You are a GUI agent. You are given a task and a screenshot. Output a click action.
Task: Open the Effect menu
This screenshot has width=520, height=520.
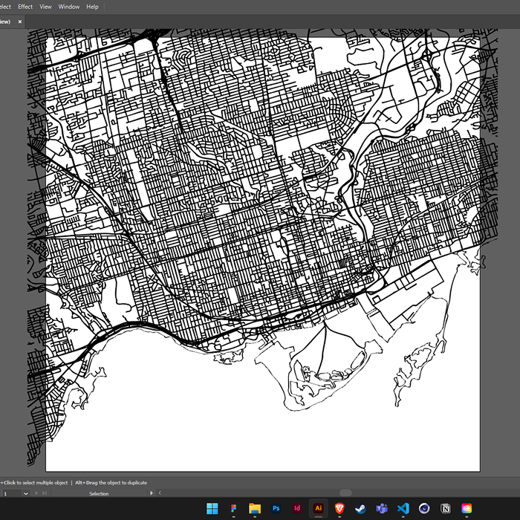[x=25, y=7]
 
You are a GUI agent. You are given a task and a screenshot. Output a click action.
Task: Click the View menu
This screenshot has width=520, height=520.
[x=46, y=7]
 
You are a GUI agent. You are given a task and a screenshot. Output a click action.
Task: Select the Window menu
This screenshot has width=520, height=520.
[x=69, y=7]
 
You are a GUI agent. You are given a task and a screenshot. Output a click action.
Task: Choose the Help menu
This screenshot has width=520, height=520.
[x=92, y=7]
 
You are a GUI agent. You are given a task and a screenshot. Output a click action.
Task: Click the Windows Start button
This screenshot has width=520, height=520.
[x=212, y=508]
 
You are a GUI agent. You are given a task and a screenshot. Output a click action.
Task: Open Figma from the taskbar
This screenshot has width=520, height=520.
[x=233, y=508]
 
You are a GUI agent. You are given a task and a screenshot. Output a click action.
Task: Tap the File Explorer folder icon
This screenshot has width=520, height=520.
[x=255, y=508]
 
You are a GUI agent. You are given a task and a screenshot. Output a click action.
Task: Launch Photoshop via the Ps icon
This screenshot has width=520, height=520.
[x=276, y=508]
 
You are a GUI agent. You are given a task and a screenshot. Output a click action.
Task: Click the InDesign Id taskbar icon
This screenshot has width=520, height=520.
[x=297, y=508]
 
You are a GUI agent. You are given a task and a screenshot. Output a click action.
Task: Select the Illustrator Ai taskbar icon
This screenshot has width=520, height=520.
[x=319, y=508]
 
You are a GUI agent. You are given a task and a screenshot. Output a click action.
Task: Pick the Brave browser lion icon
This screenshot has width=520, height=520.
[x=340, y=508]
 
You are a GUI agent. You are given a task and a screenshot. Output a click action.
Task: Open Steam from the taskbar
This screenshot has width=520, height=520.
[x=361, y=508]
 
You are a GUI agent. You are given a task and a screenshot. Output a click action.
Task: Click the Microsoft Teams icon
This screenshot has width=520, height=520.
[x=383, y=508]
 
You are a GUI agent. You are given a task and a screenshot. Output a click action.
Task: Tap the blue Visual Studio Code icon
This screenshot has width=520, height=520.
[x=403, y=508]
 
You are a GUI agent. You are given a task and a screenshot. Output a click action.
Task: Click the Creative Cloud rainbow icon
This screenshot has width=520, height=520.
[x=467, y=508]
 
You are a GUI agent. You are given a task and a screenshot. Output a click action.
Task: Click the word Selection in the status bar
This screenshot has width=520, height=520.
[x=99, y=493]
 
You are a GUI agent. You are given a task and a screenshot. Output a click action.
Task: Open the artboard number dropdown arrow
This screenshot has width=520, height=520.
[x=26, y=493]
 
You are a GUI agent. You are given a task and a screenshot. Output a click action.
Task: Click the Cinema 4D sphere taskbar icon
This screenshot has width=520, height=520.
[x=425, y=508]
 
